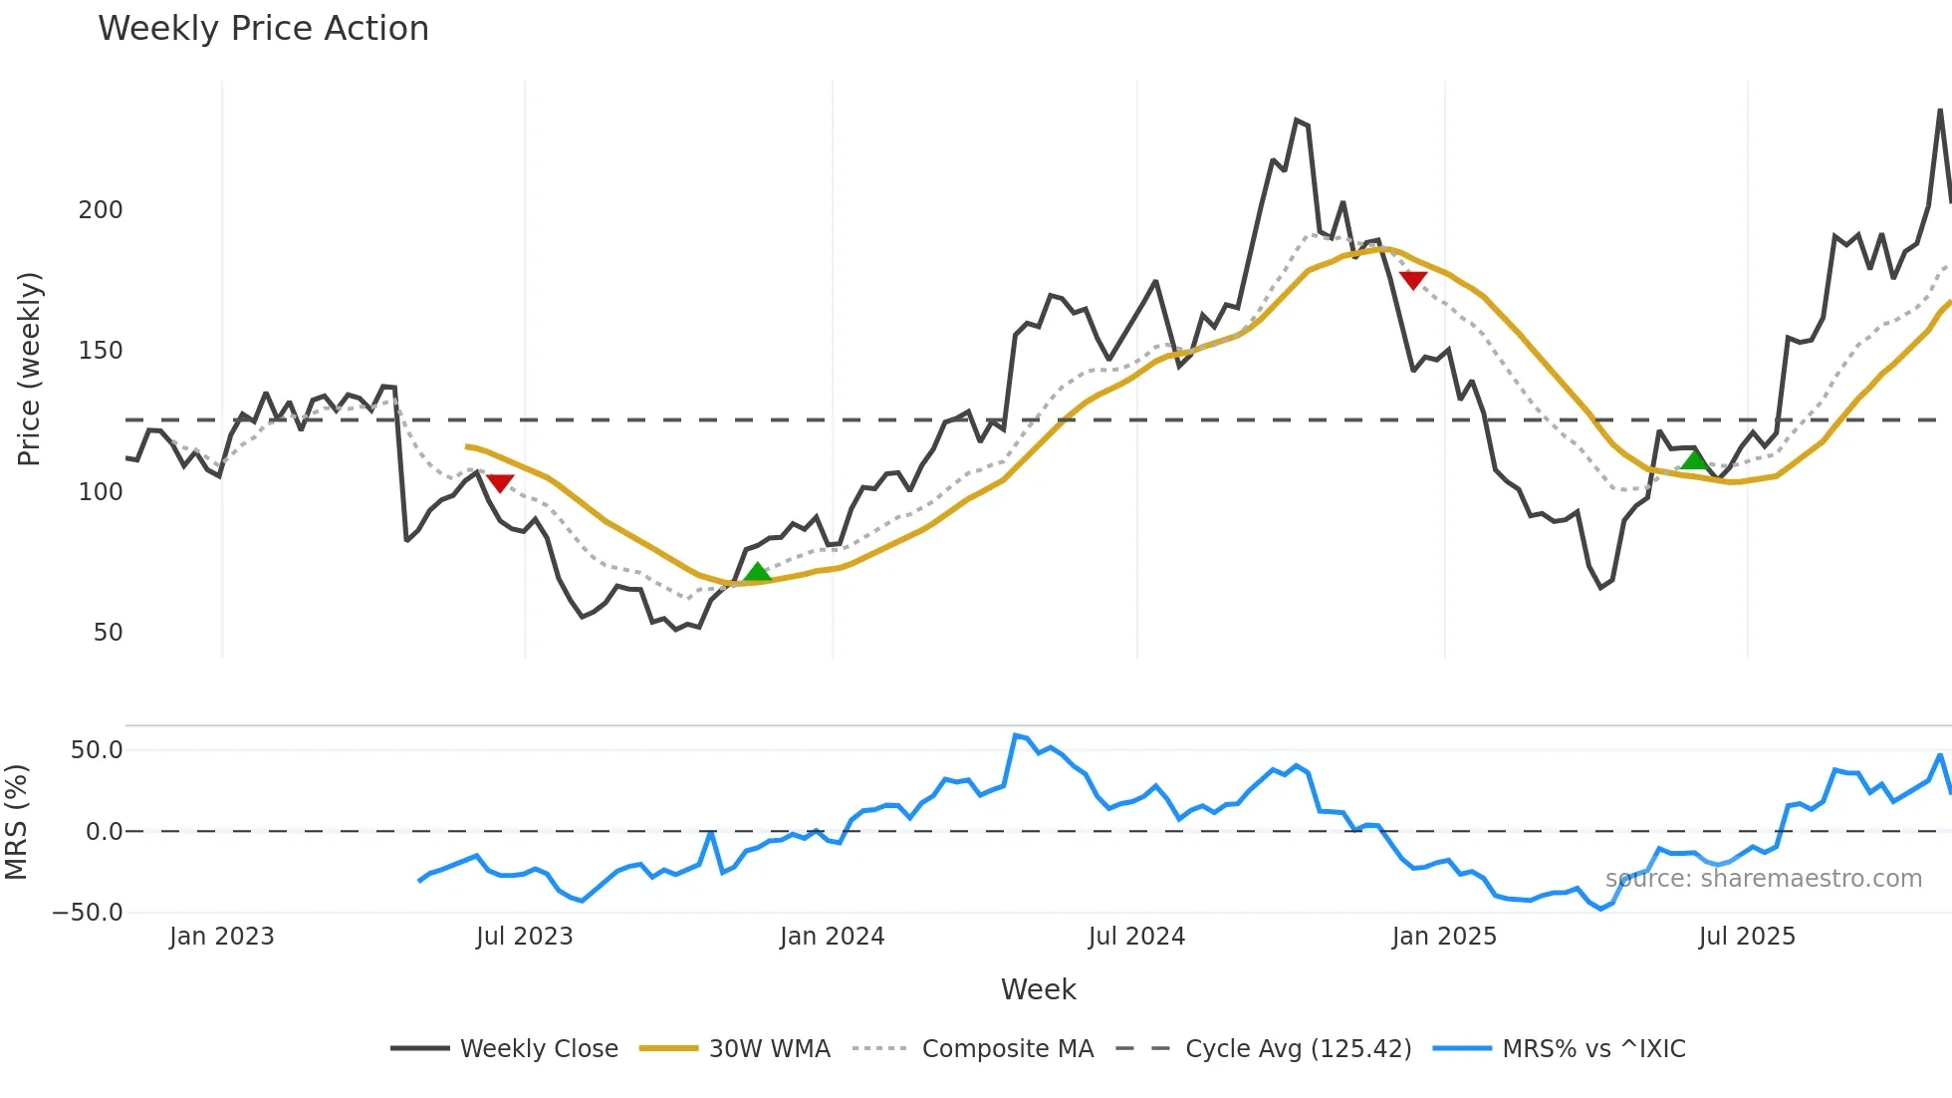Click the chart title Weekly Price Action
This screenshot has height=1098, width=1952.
(263, 29)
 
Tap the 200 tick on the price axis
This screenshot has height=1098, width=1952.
(101, 210)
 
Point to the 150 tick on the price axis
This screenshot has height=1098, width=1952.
(101, 351)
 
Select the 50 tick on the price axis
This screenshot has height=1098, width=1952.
(108, 633)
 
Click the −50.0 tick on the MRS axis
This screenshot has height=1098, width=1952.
(88, 913)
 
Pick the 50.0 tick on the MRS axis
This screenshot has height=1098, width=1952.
(96, 750)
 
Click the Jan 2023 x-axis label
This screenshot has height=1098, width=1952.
(221, 937)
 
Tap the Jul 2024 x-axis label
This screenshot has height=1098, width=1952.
(1136, 937)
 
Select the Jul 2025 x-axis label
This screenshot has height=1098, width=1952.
(1747, 937)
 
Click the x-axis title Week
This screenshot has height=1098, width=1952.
(1038, 989)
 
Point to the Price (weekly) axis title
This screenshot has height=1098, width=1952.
(29, 369)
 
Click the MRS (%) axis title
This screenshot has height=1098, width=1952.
(16, 822)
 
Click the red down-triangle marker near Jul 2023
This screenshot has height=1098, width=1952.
(500, 483)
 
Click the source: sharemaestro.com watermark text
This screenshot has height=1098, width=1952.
(1763, 879)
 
